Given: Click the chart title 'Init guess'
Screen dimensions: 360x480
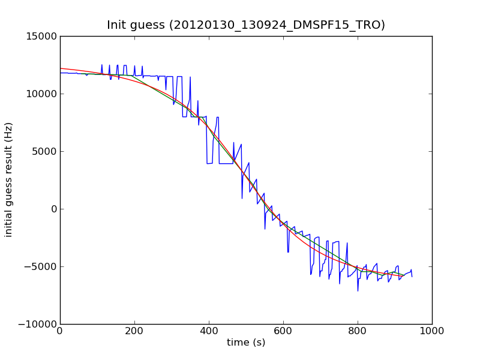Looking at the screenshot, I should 246,25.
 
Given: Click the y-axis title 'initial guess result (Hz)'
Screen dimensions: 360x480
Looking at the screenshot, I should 9,179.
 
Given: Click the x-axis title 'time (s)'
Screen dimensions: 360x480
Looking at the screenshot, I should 246,343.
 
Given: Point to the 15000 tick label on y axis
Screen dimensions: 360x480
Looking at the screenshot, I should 40,36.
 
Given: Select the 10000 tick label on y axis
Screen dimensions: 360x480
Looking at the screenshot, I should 40,94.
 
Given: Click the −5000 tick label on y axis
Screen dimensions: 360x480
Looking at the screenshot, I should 40,266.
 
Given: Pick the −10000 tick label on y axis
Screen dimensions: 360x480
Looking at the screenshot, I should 37,324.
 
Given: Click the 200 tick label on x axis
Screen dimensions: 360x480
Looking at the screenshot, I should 134,331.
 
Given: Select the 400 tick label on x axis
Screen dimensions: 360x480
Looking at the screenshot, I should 209,331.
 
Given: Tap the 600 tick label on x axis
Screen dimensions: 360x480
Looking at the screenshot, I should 283,331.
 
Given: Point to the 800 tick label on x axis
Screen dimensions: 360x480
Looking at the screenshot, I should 358,331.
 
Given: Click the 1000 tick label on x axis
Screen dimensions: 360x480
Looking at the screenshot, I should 432,331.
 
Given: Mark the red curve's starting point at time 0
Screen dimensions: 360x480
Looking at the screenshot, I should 60,68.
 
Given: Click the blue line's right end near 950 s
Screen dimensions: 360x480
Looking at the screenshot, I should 412,277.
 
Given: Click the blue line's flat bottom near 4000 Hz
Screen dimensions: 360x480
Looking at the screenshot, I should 226,163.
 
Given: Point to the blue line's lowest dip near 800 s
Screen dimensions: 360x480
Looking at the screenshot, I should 358,291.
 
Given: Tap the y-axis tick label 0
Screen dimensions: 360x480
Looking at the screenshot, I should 53,209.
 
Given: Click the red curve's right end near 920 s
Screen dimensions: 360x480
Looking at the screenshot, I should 403,276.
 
